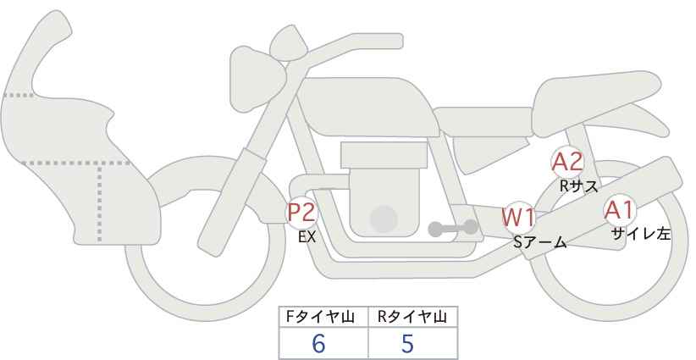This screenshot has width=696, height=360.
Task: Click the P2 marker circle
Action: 302,212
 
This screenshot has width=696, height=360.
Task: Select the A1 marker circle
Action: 620,210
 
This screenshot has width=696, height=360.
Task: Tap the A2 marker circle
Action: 566,163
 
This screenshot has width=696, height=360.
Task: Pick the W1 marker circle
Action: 518,218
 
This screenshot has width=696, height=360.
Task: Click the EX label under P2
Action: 307,237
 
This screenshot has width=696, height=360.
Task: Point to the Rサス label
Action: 578,186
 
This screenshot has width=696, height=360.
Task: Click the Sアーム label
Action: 539,242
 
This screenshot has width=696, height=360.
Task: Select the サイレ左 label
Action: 640,234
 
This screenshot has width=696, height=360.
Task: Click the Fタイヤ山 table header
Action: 320,317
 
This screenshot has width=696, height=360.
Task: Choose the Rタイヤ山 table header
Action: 412,317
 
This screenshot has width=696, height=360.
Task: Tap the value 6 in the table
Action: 318,344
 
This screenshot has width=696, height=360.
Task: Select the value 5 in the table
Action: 407,344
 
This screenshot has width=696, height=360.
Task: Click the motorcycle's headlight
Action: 255,80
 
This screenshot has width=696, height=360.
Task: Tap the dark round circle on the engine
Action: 384,219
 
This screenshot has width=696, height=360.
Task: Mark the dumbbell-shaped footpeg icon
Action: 453,228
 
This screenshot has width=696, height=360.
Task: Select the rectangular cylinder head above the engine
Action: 384,155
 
